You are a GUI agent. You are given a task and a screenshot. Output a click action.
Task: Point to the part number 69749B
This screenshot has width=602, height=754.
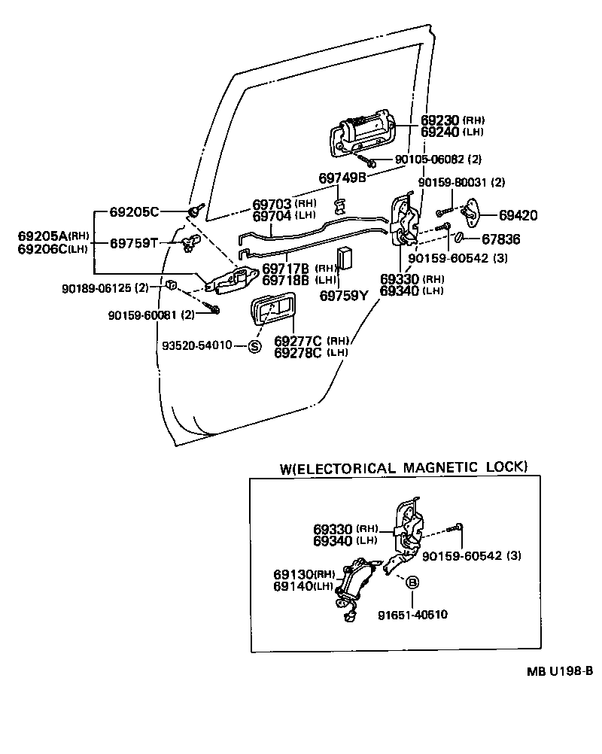click(342, 178)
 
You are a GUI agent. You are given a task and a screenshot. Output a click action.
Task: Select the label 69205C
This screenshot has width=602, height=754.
click(134, 211)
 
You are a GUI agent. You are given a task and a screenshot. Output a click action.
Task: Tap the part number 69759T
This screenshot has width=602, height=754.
click(134, 242)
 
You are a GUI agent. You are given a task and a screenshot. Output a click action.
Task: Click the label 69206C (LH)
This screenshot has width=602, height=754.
click(53, 249)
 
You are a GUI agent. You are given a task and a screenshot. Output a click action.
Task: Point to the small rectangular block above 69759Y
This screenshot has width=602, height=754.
click(345, 257)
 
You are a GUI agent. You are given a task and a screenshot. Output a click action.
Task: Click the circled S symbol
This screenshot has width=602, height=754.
click(254, 346)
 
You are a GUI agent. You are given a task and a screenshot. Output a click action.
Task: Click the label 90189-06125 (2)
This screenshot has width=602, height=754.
click(105, 287)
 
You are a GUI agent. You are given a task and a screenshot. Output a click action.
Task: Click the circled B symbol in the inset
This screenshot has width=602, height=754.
click(412, 582)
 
